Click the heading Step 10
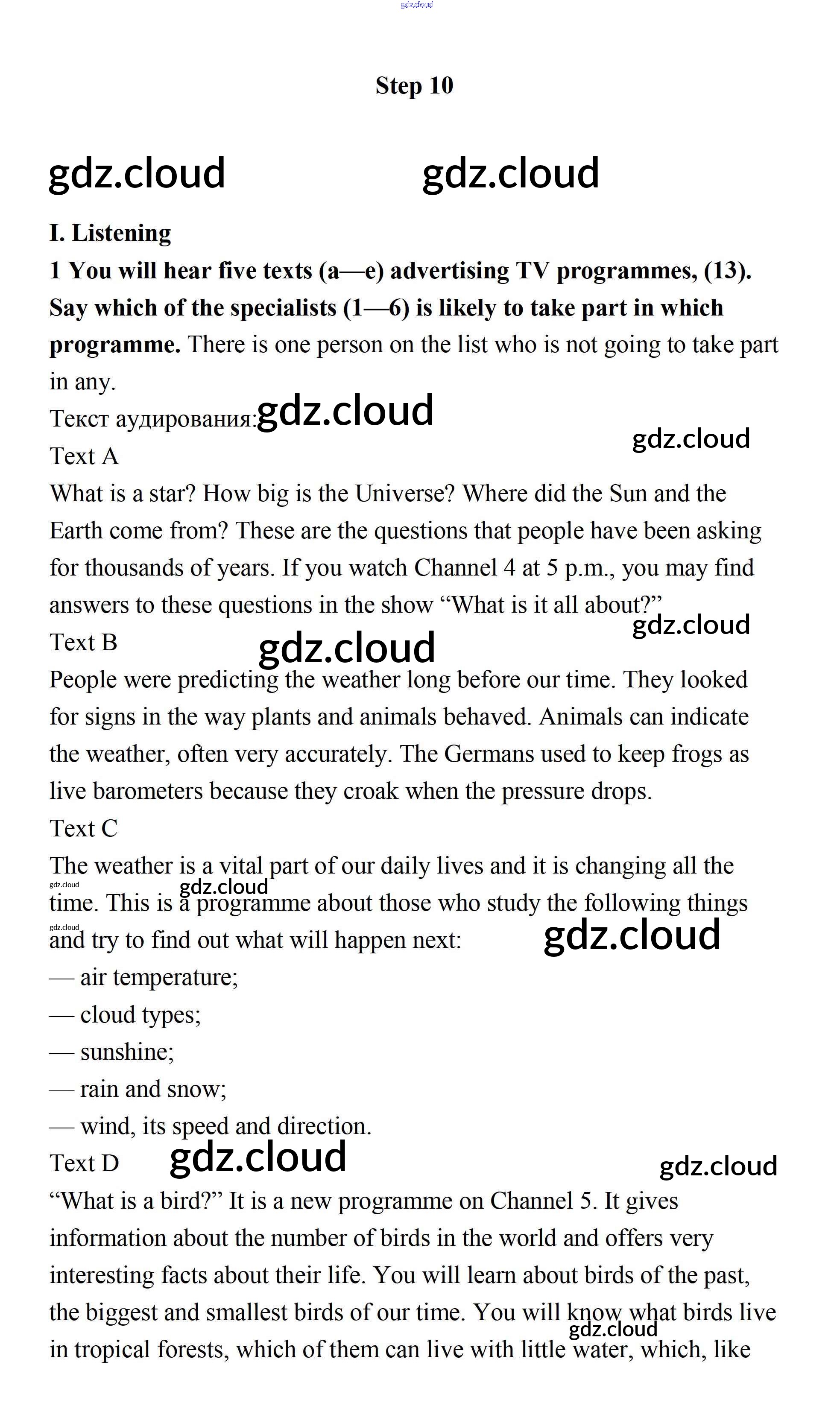click(x=414, y=86)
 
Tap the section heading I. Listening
click(x=110, y=233)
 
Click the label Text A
click(x=84, y=456)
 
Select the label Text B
click(x=84, y=642)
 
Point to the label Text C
click(x=84, y=828)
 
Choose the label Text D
click(x=84, y=1163)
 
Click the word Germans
click(x=489, y=754)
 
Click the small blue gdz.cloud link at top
click(x=416, y=5)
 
